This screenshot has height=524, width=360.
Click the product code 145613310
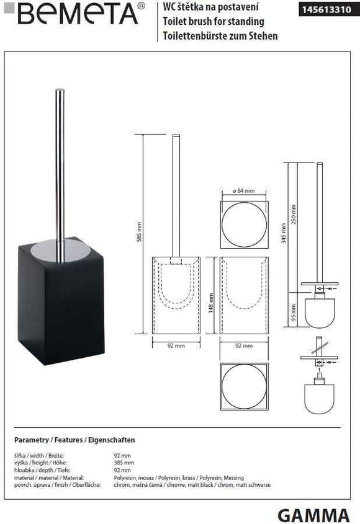(324, 9)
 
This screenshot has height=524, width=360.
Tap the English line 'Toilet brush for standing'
(213, 22)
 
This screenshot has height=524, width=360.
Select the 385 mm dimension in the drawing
(139, 233)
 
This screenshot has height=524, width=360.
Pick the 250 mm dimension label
(294, 214)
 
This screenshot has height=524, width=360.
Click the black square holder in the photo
(61, 304)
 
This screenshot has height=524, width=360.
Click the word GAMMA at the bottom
(313, 514)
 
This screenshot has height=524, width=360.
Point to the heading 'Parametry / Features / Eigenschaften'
(74, 440)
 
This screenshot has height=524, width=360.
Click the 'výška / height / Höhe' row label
(40, 463)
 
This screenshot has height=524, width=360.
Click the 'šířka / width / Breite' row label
(41, 456)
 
